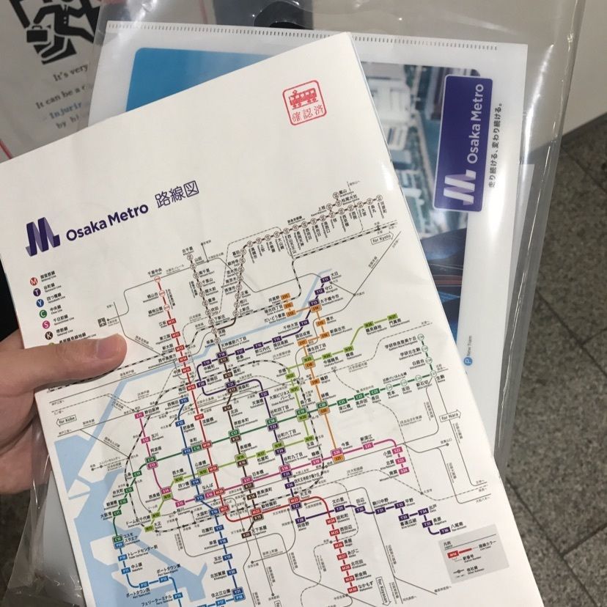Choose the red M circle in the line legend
(34, 281)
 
